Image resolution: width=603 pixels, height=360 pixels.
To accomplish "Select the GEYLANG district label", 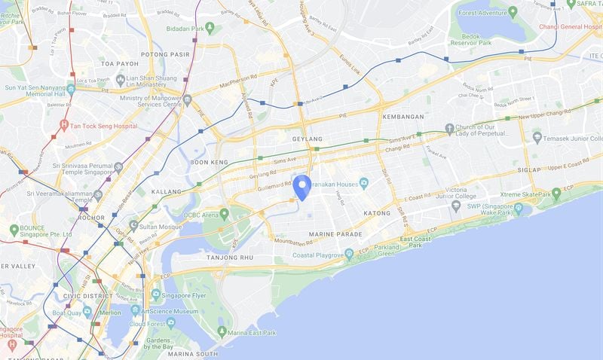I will tap(307, 139).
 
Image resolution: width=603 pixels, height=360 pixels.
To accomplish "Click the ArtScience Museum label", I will tap(173, 310).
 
